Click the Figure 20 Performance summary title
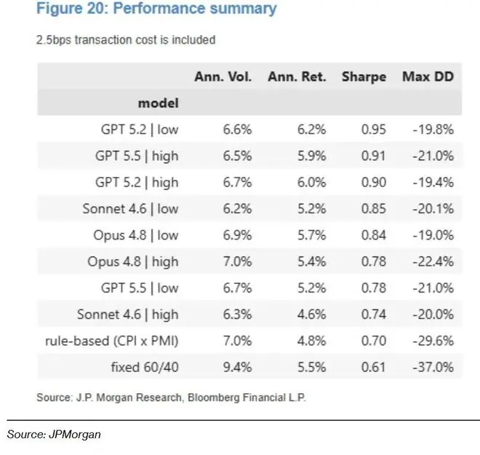coord(156,8)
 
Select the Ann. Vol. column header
coord(223,76)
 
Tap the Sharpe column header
coord(364,77)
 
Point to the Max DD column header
coord(428,76)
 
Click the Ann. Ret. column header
coord(297,76)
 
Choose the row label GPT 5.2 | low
coord(140,130)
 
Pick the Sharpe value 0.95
coord(374,130)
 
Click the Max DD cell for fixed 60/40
coord(433,367)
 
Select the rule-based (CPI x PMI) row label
coord(112,341)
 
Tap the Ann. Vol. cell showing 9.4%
coord(237,367)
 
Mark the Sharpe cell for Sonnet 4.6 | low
coord(374,209)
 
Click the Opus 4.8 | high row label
coord(133,261)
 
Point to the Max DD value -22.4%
coord(433,261)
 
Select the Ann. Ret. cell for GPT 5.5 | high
coord(311,156)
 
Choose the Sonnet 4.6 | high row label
coord(128,314)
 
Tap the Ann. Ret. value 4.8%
coord(311,341)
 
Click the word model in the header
coord(159,103)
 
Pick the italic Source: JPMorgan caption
coord(54,435)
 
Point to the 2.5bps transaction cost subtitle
coord(126,40)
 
